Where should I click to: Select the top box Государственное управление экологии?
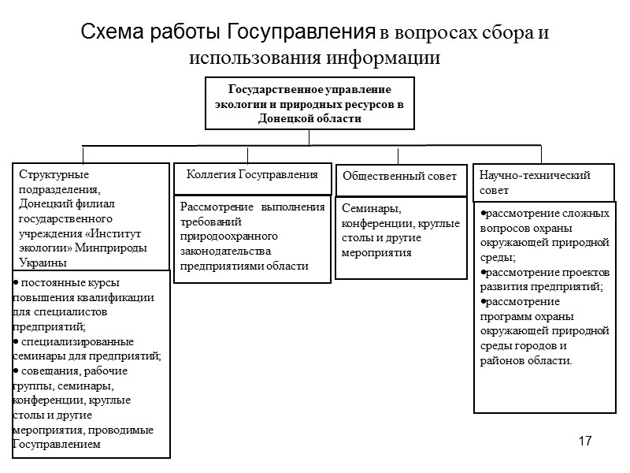pyautogui.click(x=309, y=103)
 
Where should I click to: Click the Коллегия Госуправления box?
pyautogui.click(x=252, y=174)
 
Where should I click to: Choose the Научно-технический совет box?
pyautogui.click(x=535, y=183)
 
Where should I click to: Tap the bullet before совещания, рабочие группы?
pyautogui.click(x=17, y=371)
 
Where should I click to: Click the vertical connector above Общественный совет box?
pyautogui.click(x=398, y=155)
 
